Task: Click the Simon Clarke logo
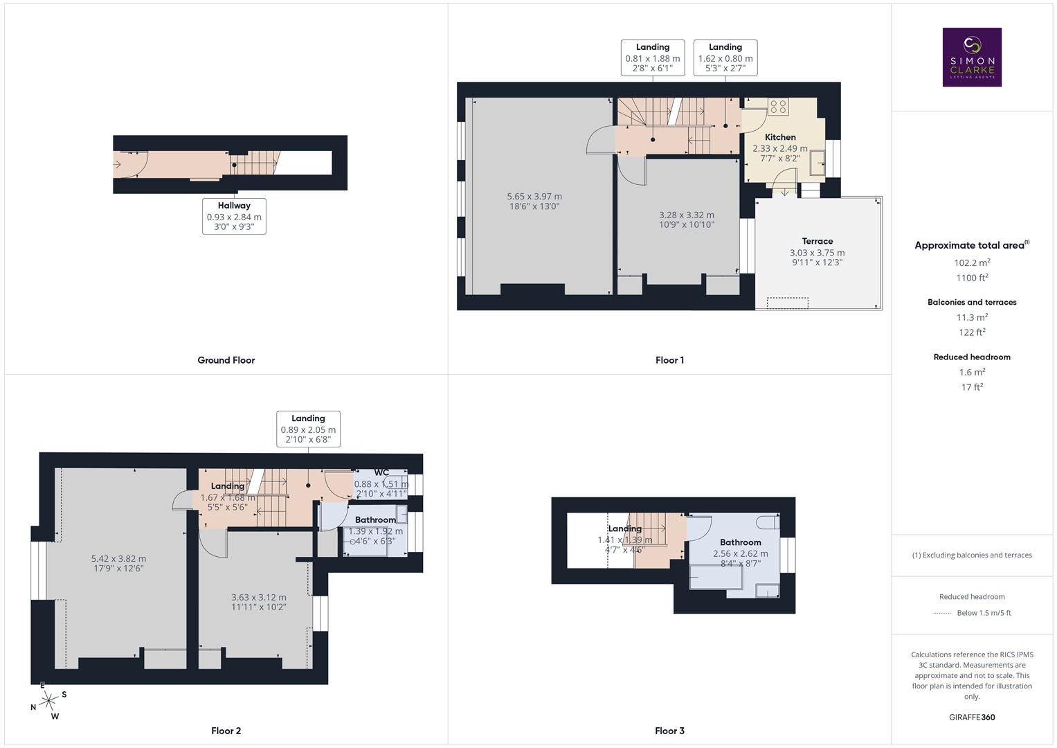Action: [x=972, y=57]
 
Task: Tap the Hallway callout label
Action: [x=234, y=216]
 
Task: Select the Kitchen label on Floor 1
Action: [x=780, y=137]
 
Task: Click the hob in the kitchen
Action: [x=778, y=107]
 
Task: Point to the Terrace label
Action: [x=817, y=241]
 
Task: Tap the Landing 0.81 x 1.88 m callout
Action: [x=653, y=57]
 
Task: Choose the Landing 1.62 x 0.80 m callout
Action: [x=725, y=57]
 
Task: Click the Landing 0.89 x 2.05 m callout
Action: [x=308, y=429]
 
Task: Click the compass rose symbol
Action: [x=48, y=701]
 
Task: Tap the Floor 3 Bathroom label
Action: [x=740, y=542]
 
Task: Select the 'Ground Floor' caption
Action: [x=226, y=360]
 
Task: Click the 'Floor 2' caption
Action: [x=226, y=731]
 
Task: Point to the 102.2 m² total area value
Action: [x=972, y=262]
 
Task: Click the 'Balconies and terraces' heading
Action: [x=972, y=302]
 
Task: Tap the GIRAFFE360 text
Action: [x=972, y=717]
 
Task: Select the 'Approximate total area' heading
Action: [x=970, y=245]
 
